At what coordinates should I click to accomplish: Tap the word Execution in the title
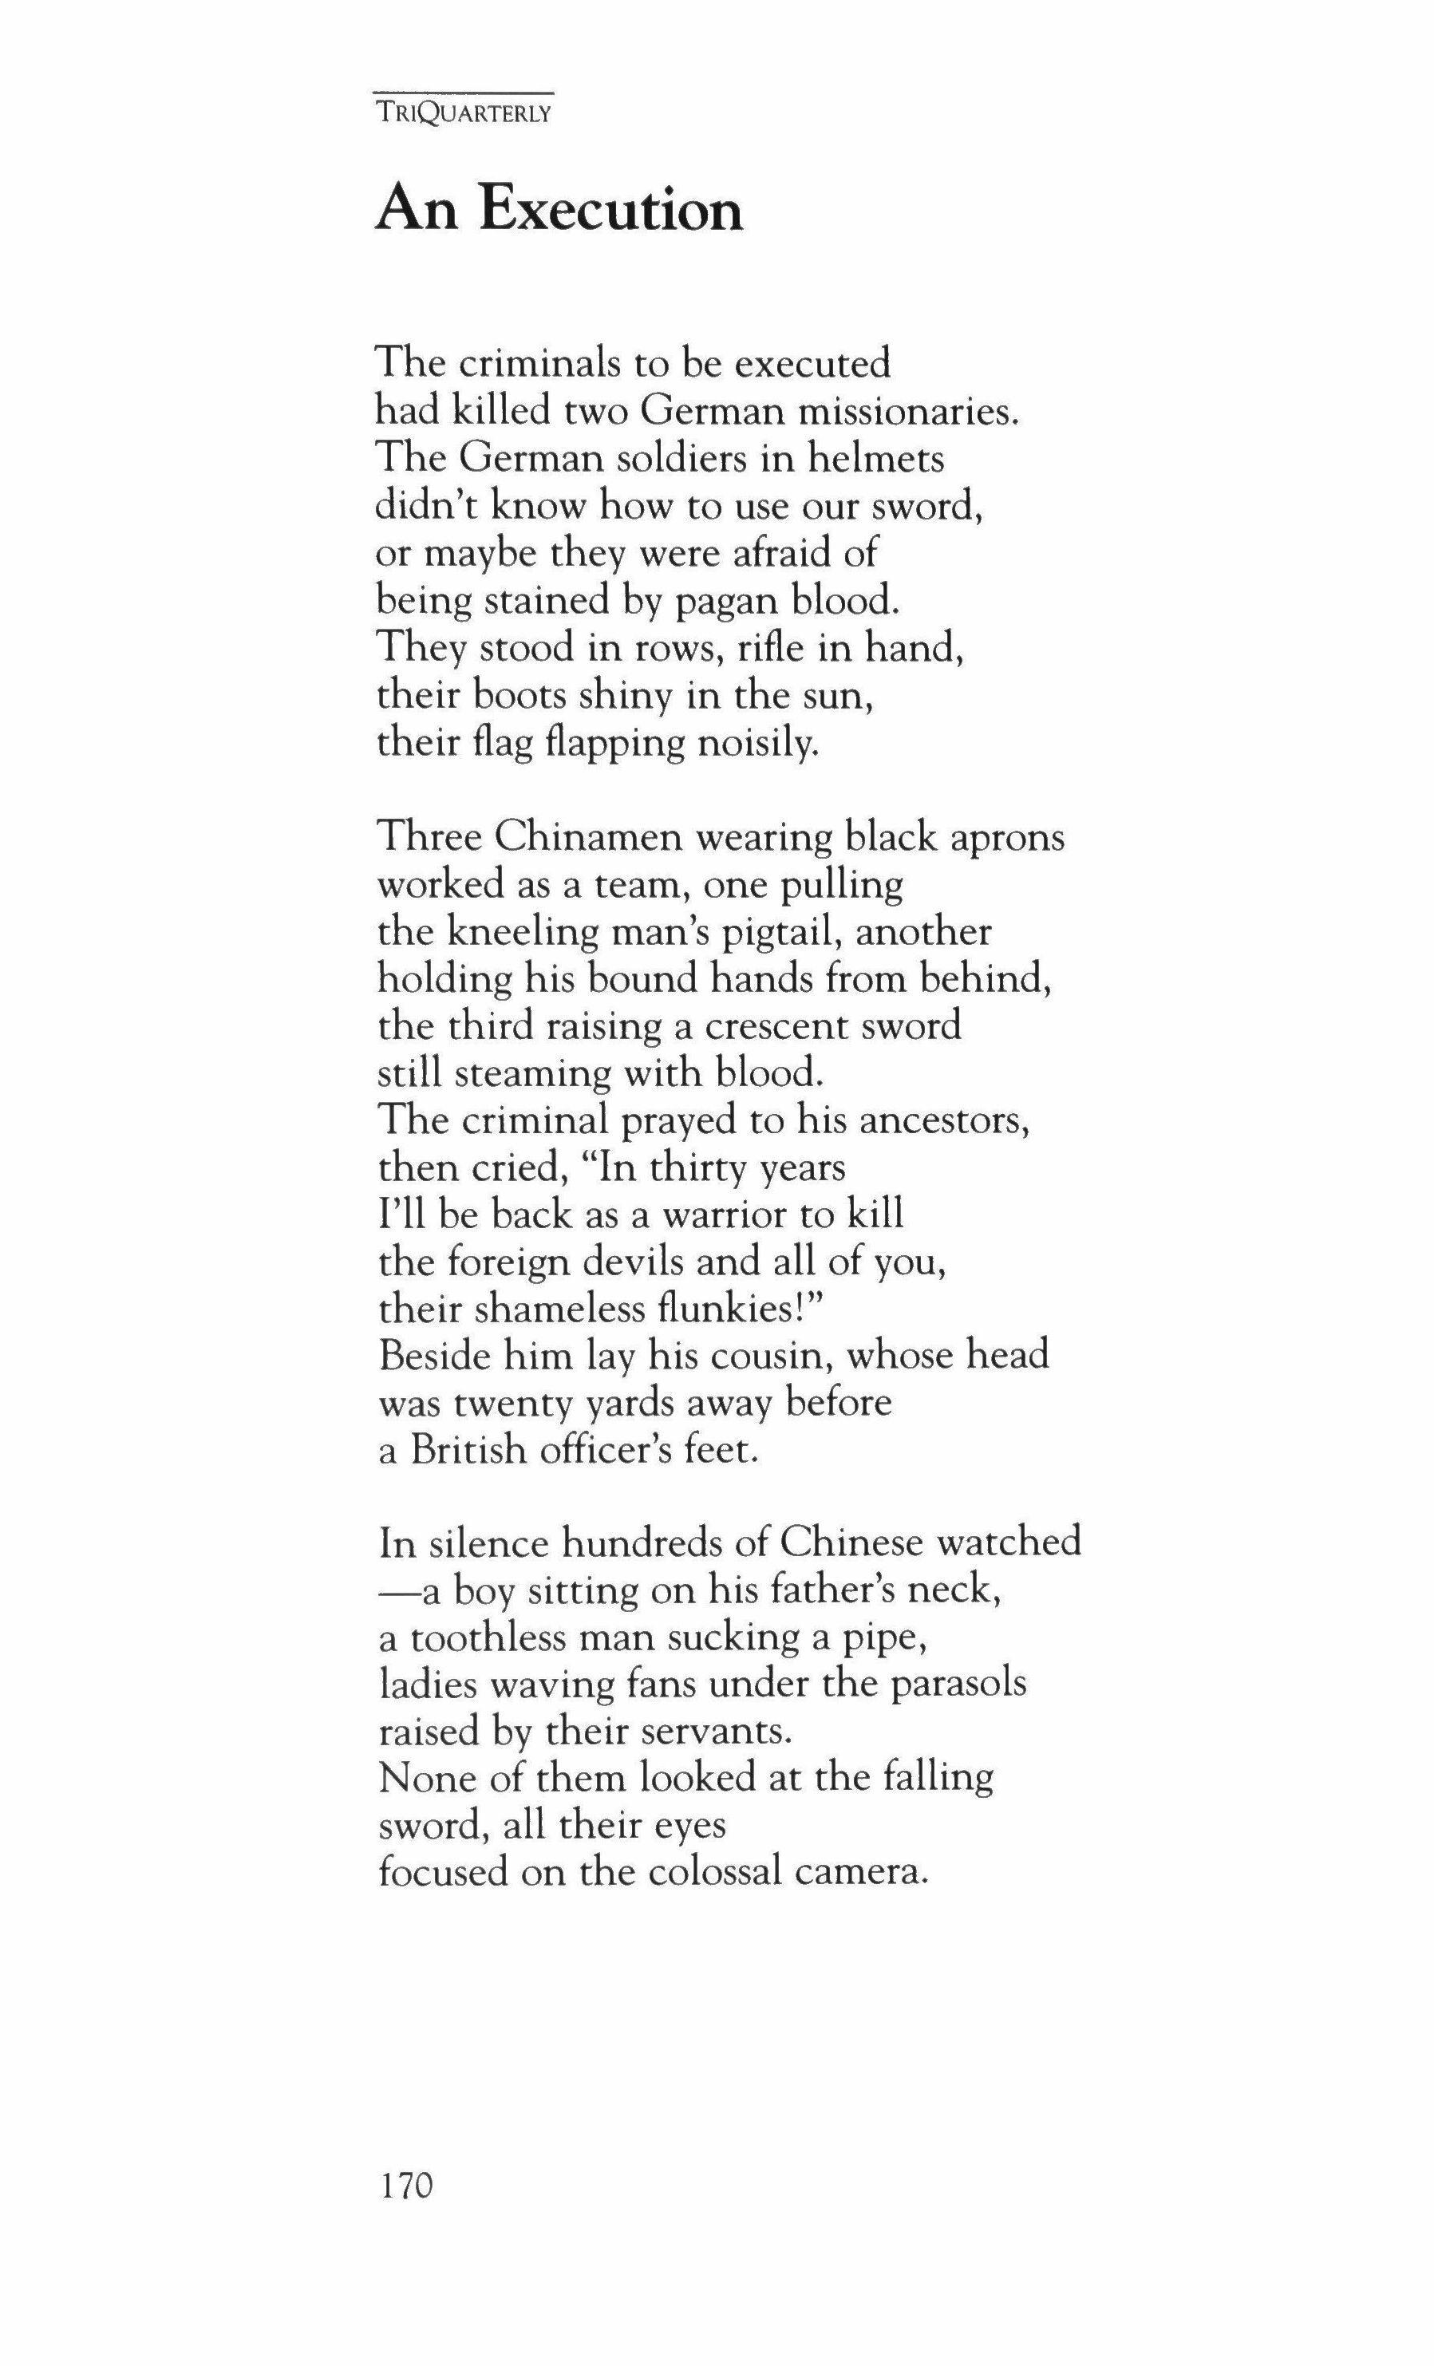pyautogui.click(x=611, y=211)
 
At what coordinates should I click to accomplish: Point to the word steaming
pyautogui.click(x=531, y=1073)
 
